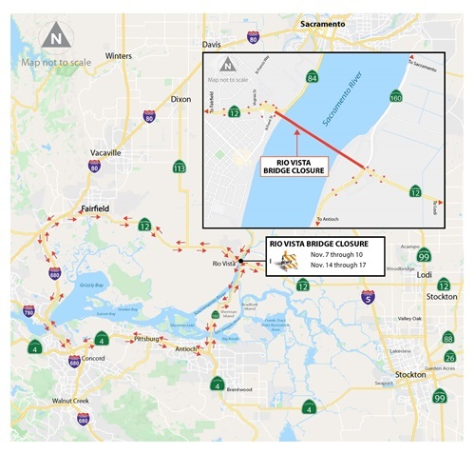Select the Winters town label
click(119, 55)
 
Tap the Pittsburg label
click(146, 338)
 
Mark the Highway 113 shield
click(179, 168)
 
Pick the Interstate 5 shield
click(367, 298)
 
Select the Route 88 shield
click(447, 337)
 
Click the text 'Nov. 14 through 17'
click(335, 269)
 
